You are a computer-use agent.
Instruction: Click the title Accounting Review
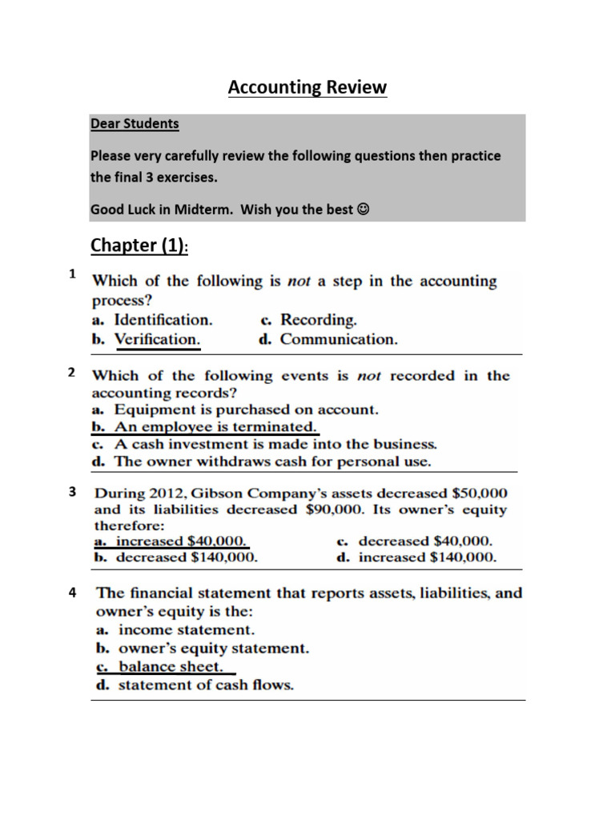tap(307, 87)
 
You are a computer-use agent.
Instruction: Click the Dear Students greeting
tap(135, 124)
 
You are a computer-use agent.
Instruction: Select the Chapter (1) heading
tap(139, 246)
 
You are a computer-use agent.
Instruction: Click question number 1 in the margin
tap(72, 274)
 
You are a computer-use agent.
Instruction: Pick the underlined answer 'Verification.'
tap(157, 339)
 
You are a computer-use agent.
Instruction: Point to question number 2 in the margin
tap(72, 372)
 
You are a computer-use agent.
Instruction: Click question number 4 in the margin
tap(72, 593)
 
